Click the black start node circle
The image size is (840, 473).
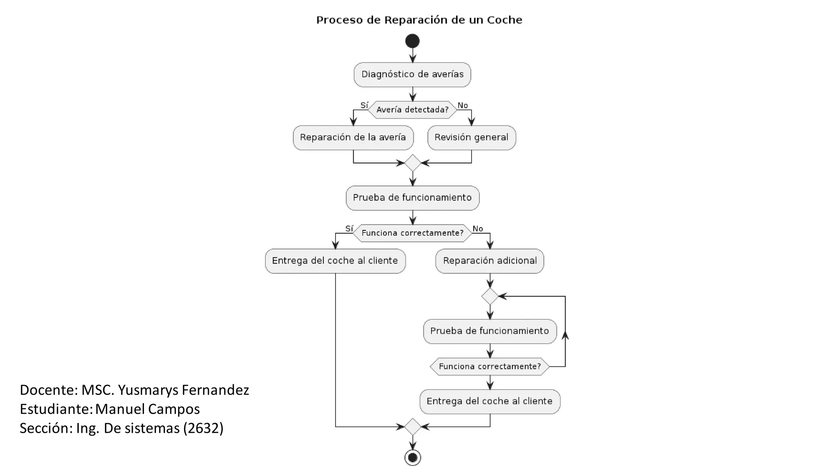[x=412, y=41]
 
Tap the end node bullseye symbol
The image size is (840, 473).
[x=413, y=457]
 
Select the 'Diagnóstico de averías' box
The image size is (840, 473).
[x=412, y=75]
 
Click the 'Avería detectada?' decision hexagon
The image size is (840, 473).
[x=412, y=110]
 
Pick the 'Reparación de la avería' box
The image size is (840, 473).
[x=353, y=138]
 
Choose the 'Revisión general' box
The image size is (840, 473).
[x=472, y=138]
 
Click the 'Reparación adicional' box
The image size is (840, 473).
[x=490, y=261]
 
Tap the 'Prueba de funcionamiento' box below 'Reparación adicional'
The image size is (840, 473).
[x=490, y=331]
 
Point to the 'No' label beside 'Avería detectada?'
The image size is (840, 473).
[x=463, y=106]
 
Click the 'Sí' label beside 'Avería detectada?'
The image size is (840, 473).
[x=364, y=105]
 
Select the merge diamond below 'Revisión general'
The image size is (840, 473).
[x=413, y=163]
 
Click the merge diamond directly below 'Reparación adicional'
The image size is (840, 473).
[x=490, y=296]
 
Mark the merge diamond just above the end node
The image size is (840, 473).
[x=413, y=427]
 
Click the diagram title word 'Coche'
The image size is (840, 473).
[x=504, y=20]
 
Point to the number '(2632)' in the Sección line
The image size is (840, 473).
[x=203, y=428]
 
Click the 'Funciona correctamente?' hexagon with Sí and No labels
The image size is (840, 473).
[x=412, y=233]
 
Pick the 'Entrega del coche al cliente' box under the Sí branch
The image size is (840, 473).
[x=335, y=261]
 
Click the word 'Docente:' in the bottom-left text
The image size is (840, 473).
[x=49, y=390]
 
